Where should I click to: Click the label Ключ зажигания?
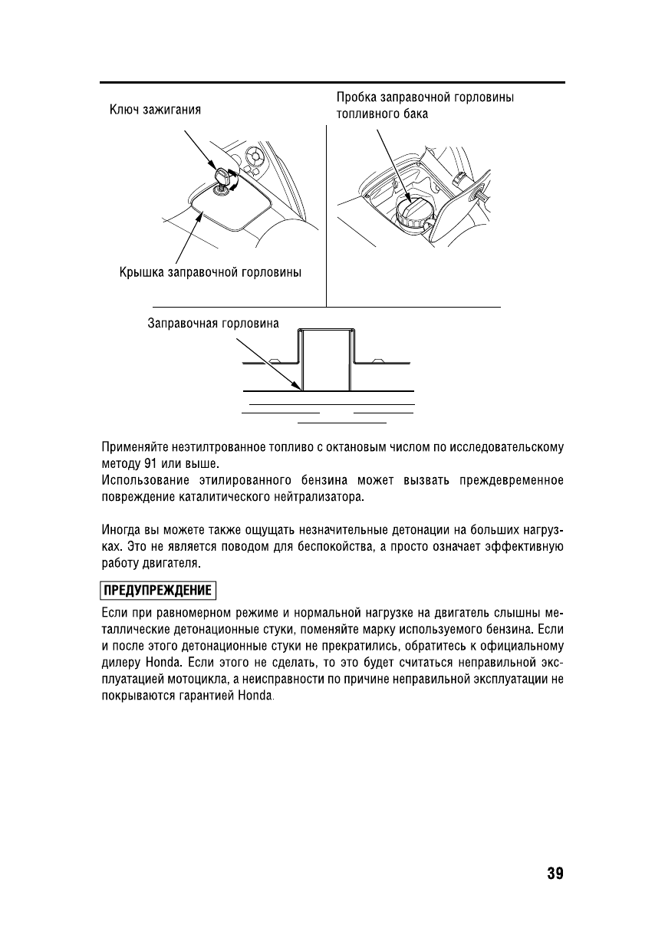pos(153,110)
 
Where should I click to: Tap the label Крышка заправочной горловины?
pos(209,272)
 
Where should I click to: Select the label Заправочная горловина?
pos(213,324)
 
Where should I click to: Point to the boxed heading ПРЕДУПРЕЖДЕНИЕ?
pos(158,591)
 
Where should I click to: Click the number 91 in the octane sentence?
pos(151,465)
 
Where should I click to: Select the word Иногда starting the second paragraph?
pos(121,530)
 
